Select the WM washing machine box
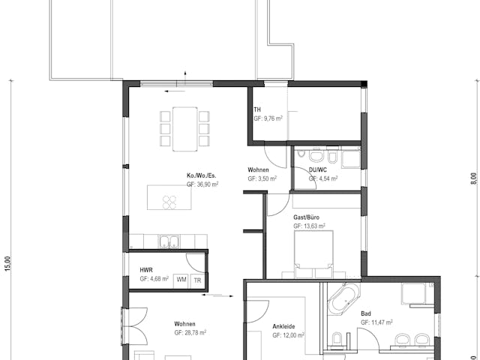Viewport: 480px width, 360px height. click(181, 280)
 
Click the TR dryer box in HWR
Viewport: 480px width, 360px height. click(197, 280)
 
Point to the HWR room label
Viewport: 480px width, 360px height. click(146, 270)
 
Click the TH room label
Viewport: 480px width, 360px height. click(257, 109)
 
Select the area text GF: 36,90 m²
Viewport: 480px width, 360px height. click(202, 184)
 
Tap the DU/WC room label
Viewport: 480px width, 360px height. click(318, 170)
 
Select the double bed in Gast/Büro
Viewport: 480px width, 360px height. click(313, 250)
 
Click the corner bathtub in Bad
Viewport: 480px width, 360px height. click(343, 300)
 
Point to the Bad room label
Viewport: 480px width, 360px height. click(366, 313)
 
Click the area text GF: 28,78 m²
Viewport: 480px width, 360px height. click(190, 332)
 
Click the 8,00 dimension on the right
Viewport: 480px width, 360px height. click(473, 179)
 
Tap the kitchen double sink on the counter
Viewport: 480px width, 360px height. click(169, 241)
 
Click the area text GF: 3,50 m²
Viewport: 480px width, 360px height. click(262, 178)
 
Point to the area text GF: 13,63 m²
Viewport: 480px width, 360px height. click(309, 225)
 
